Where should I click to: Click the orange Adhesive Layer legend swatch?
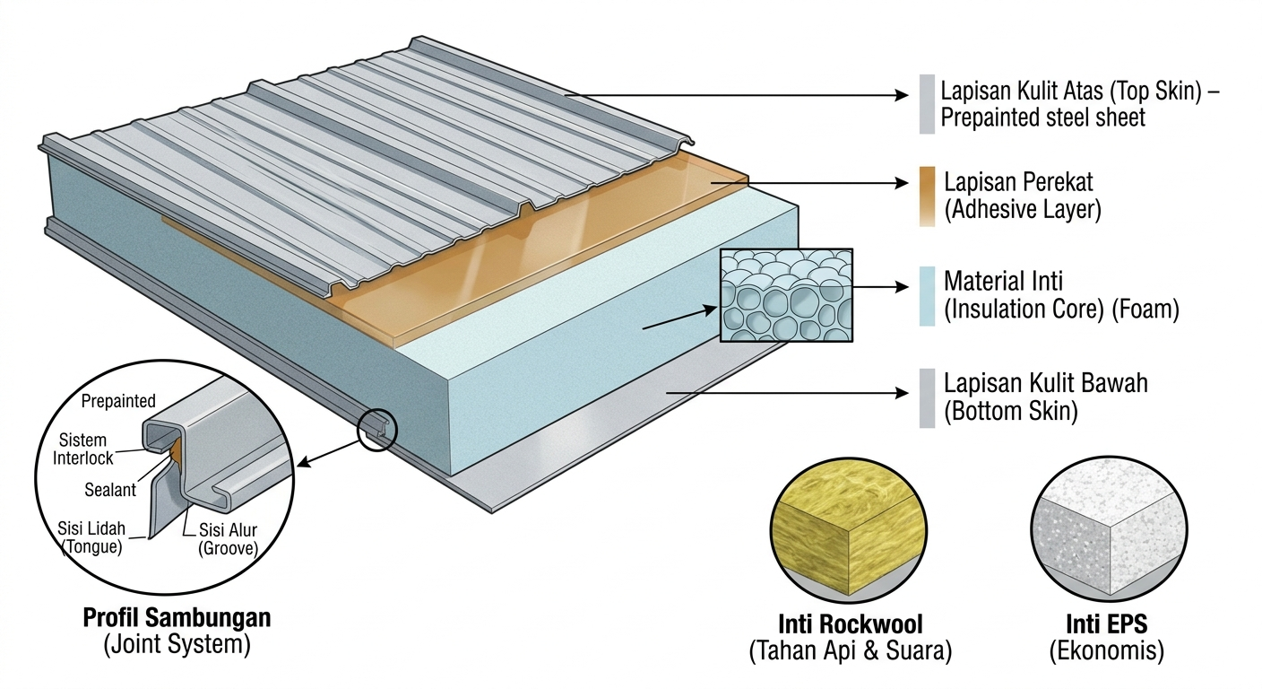point(927,196)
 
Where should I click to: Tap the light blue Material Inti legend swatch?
point(927,296)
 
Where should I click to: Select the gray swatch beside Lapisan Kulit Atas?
point(927,104)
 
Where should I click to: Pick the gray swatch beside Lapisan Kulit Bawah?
point(927,397)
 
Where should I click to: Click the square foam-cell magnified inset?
point(786,295)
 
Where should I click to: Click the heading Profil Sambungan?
point(177,618)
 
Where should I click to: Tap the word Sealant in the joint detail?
point(110,490)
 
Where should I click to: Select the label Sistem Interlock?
point(86,449)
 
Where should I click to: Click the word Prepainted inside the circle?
point(118,401)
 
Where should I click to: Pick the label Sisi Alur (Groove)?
point(228,536)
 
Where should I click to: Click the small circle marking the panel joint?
point(376,430)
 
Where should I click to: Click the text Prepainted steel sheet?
point(1043,118)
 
